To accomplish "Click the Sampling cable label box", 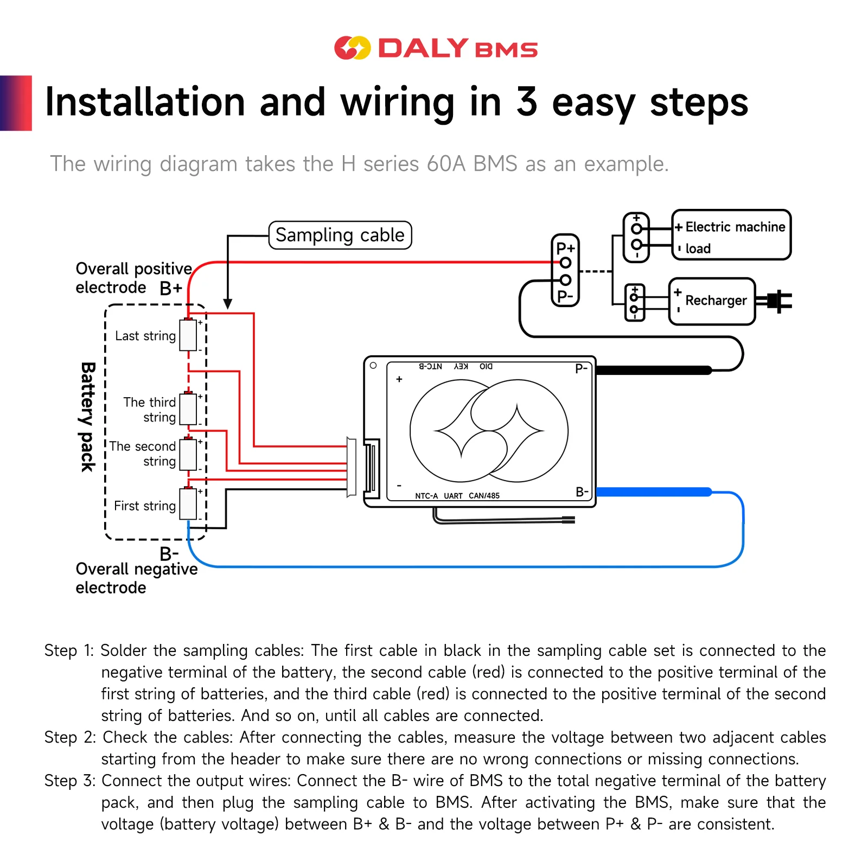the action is (x=340, y=235).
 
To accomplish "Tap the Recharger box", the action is (x=712, y=301).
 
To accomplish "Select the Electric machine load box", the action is (x=731, y=235).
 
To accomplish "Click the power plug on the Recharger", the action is (x=774, y=301).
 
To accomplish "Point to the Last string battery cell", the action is (x=188, y=335).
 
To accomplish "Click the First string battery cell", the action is (x=188, y=504).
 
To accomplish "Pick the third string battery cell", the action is (x=188, y=409).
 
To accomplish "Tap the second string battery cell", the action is (x=188, y=454).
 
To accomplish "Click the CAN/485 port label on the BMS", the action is (x=484, y=496).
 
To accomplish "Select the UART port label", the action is (x=453, y=496).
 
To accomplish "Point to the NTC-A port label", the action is (x=426, y=496).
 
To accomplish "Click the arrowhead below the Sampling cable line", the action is (x=228, y=304).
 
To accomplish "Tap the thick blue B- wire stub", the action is (x=654, y=492).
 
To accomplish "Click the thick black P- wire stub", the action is (x=654, y=371).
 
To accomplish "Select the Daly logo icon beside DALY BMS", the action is (x=352, y=48).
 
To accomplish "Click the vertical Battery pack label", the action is (x=88, y=417).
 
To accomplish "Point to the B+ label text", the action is (x=171, y=288).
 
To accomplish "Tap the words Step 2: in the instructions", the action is (x=70, y=737).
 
